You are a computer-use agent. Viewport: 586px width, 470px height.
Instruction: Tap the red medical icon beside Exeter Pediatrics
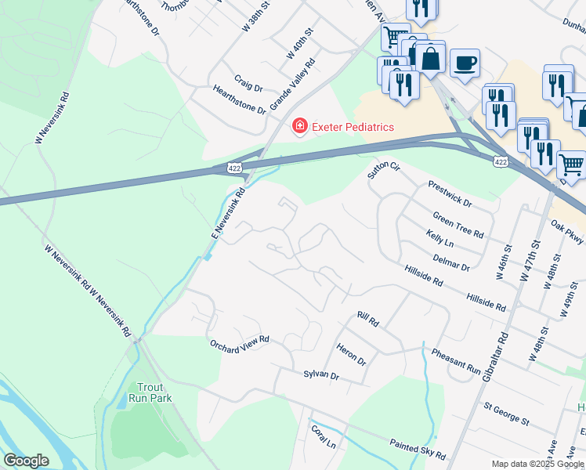point(298,126)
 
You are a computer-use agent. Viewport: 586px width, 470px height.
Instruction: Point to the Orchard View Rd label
point(239,342)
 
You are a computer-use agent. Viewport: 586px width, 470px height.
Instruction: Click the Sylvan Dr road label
point(321,376)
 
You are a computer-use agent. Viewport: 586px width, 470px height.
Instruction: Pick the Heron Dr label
point(351,355)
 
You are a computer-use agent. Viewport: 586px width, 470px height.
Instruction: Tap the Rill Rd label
point(367,320)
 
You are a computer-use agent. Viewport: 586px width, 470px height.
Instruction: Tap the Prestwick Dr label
point(450,193)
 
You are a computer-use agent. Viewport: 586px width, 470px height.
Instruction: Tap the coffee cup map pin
point(465,63)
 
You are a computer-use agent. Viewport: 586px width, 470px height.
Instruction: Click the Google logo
point(26,461)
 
